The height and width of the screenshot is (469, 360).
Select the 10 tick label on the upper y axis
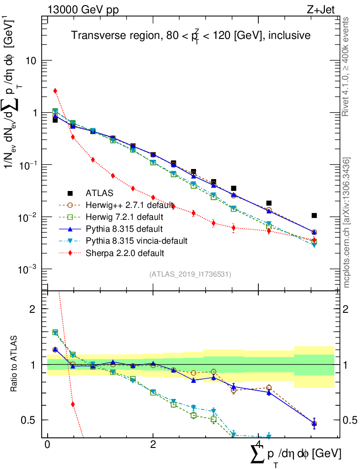pos(32,61)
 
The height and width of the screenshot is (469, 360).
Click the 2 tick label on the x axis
pos(153,445)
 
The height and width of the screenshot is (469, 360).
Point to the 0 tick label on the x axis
pos(48,445)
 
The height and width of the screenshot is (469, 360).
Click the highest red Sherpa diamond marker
pos(55,91)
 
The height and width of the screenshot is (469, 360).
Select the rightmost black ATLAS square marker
pos(314,215)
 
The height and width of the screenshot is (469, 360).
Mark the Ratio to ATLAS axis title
pos(15,364)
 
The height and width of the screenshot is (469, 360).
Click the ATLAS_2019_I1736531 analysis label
pos(190,274)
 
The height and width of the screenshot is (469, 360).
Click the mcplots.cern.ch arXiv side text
pos(347,223)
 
